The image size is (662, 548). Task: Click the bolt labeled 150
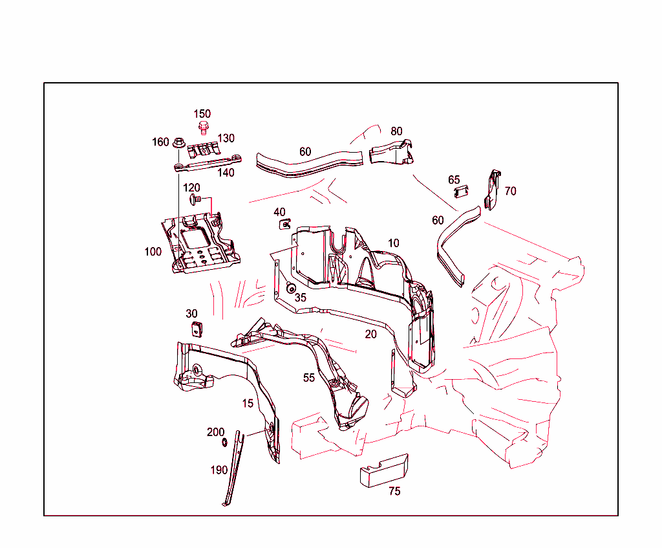point(203,127)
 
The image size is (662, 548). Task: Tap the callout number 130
point(226,138)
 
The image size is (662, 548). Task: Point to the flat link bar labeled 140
point(207,164)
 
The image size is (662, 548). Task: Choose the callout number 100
point(153,252)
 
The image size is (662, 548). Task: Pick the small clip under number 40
point(284,224)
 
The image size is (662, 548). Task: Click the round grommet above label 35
point(291,288)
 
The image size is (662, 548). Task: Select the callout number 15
point(248,403)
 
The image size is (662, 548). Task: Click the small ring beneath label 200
point(224,442)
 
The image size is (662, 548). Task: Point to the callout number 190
point(219,470)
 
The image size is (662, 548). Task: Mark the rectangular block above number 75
point(384,469)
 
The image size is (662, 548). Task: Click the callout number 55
point(309,377)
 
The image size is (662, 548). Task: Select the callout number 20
point(370,334)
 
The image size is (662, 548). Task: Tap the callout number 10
point(393,243)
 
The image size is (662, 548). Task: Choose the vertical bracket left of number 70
point(493,190)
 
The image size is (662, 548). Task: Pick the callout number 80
point(396,131)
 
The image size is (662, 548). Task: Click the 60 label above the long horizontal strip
point(304,151)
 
